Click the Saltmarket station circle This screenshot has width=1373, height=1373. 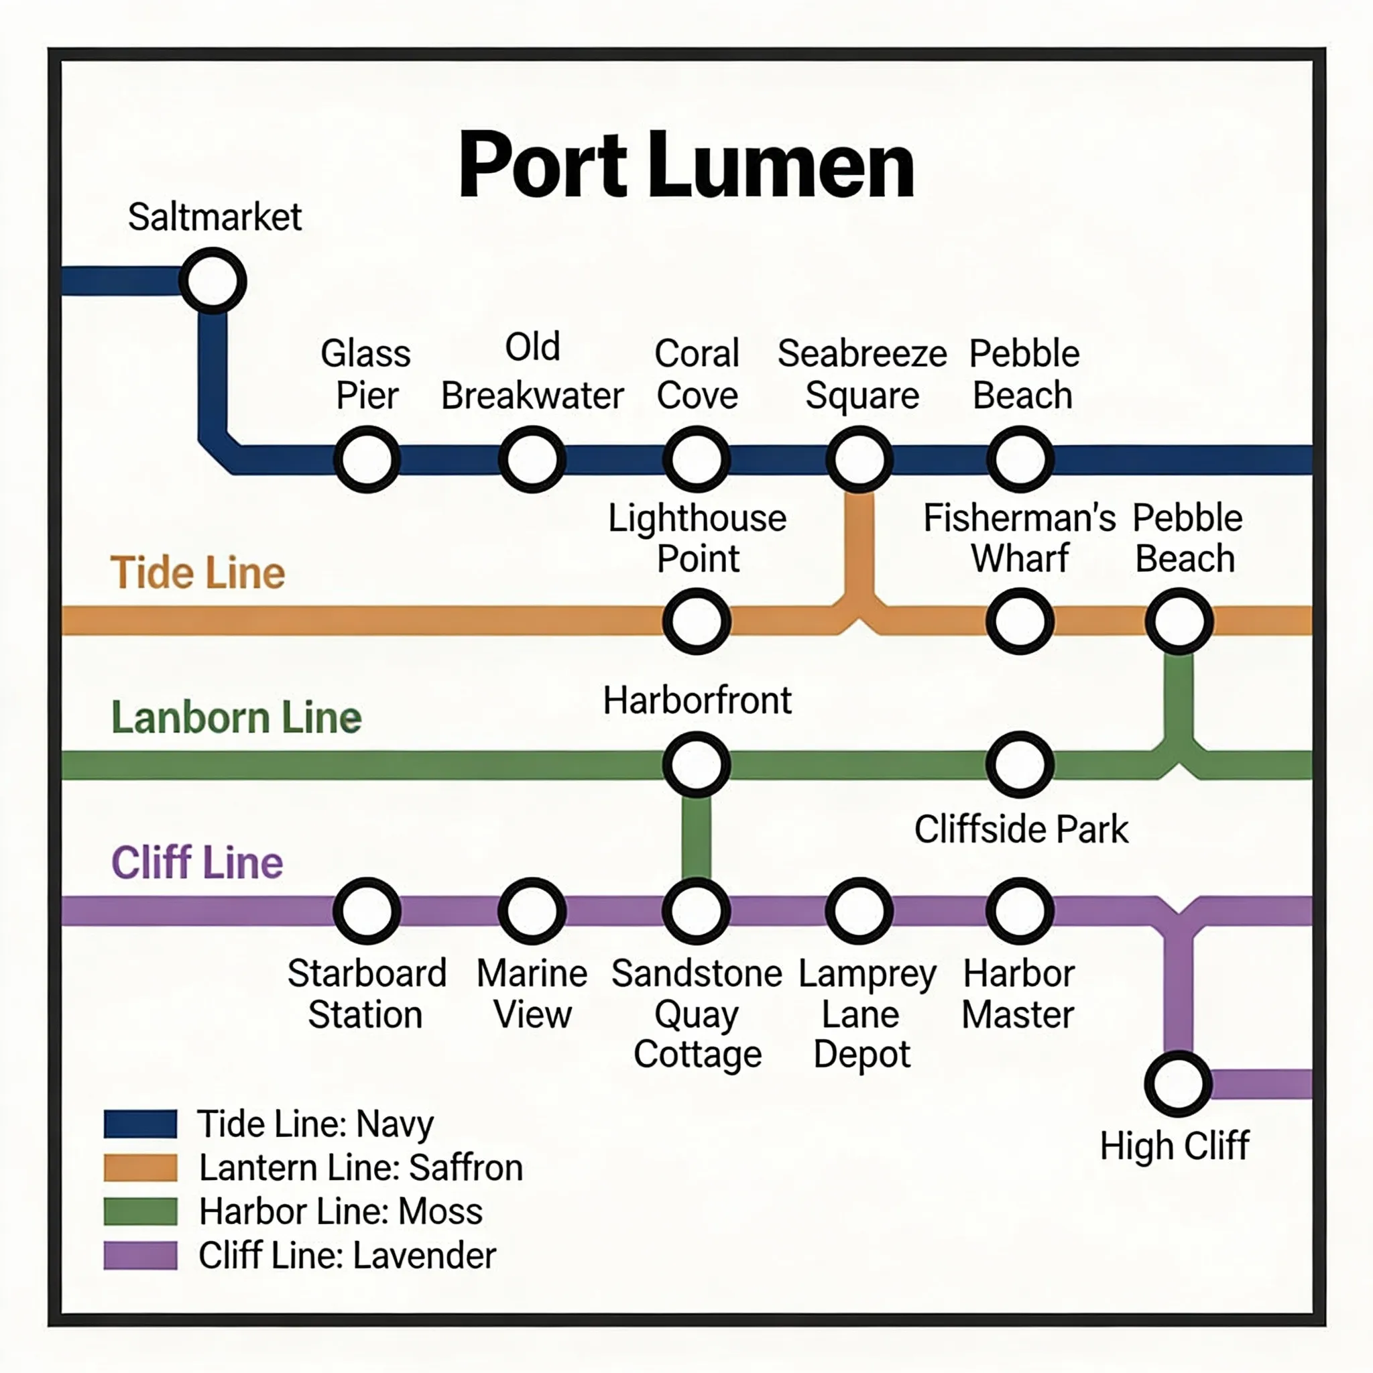[213, 281]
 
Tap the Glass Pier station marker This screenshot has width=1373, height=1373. [367, 460]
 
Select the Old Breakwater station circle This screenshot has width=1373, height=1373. [532, 460]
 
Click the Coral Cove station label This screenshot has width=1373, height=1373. [697, 375]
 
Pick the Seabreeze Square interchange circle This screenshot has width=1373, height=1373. [859, 460]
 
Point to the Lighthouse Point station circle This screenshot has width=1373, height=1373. [697, 621]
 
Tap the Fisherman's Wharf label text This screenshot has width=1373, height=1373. [1019, 538]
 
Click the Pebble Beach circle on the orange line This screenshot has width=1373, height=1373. [1179, 621]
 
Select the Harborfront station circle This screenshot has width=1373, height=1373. [697, 765]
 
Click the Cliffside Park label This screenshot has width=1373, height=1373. [1020, 829]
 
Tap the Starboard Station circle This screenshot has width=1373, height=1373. [367, 911]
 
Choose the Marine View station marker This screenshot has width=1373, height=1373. [532, 911]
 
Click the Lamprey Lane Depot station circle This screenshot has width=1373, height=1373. [859, 911]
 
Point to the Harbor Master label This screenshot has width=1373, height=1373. [1018, 994]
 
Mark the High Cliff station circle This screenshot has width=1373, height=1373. [1177, 1084]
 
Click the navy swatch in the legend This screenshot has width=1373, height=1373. [140, 1124]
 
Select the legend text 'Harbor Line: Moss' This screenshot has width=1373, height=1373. [341, 1211]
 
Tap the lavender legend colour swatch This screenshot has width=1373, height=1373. [140, 1255]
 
